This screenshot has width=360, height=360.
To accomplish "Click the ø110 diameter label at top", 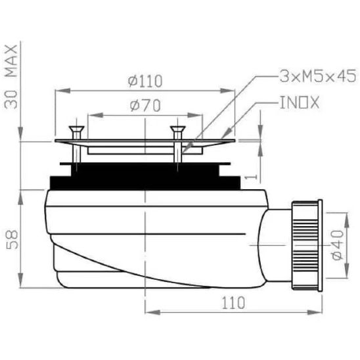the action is (x=145, y=81).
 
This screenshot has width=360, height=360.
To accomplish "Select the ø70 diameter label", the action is (x=145, y=106).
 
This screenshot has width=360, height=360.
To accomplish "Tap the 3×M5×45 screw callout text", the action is (x=318, y=76).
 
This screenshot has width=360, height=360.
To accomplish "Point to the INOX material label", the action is (x=300, y=102).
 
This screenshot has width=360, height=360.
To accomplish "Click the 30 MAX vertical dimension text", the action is (x=11, y=77).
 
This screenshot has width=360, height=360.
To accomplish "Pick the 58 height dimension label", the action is (x=12, y=240).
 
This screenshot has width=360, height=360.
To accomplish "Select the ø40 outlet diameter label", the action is (x=338, y=245).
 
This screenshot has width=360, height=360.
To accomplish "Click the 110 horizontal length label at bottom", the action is (x=233, y=303).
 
